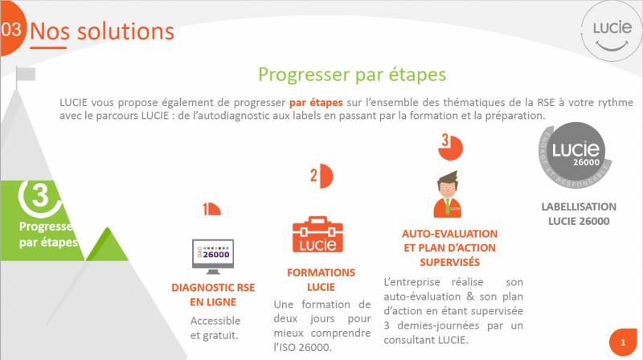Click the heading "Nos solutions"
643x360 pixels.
point(102,31)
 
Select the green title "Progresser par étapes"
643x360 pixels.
point(352,75)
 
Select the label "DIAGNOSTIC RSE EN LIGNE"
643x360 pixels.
point(213,294)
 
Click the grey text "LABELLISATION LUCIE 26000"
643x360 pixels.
point(578,214)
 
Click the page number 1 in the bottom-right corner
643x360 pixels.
point(621,342)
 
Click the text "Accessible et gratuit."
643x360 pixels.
point(215,328)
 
